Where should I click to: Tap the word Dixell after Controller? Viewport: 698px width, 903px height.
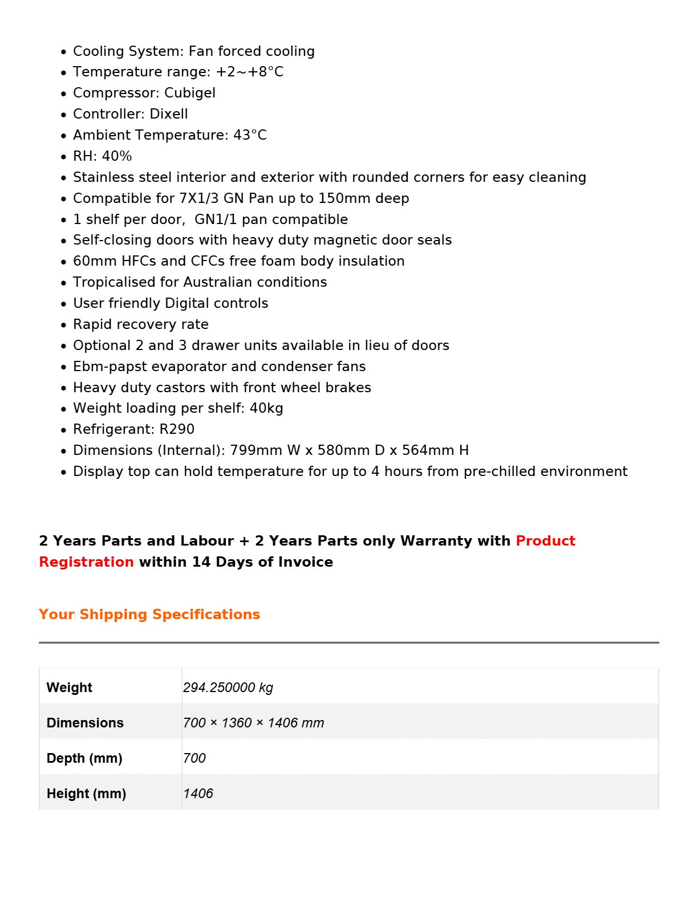169,114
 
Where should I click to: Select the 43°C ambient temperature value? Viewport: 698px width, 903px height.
250,135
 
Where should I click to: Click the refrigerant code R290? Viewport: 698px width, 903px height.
177,429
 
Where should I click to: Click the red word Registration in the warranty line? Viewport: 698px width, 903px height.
87,562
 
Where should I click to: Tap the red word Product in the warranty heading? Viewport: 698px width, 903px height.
546,541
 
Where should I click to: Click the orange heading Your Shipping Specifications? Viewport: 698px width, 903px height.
149,615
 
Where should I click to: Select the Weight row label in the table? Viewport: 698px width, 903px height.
70,688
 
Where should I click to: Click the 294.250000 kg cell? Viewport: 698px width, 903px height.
228,688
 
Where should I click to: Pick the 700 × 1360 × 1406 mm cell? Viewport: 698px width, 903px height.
254,723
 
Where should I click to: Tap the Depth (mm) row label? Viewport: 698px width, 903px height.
84,758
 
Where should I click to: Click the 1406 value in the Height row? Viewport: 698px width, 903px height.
198,794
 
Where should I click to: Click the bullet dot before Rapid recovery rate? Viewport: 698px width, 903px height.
64,326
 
